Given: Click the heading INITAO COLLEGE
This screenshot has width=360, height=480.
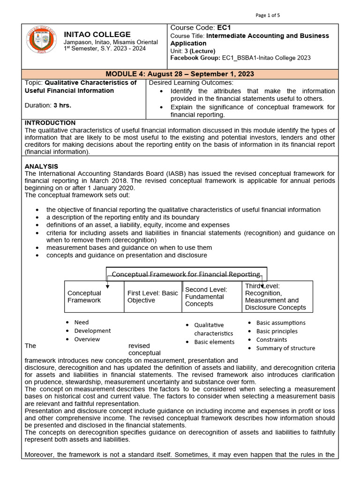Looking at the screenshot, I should pyautogui.click(x=97, y=34).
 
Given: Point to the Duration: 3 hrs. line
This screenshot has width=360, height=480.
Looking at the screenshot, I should pyautogui.click(x=48, y=105).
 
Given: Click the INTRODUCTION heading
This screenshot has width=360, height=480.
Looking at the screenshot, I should pyautogui.click(x=46, y=123).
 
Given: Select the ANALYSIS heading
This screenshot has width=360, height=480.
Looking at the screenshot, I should pyautogui.click(x=41, y=166).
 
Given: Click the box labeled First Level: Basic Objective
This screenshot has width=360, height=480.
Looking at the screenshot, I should pyautogui.click(x=153, y=297).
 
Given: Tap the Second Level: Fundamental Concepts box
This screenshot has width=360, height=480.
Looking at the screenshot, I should pyautogui.click(x=212, y=297).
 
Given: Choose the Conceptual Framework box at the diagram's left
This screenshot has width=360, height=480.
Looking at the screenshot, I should pyautogui.click(x=94, y=297).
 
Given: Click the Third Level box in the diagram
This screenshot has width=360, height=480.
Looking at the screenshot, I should pyautogui.click(x=277, y=297).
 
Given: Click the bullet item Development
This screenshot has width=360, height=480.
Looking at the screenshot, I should pyautogui.click(x=92, y=331).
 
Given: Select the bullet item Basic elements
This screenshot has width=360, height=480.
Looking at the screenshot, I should pyautogui.click(x=214, y=342).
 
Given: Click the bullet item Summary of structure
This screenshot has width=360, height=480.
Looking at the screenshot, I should pyautogui.click(x=285, y=348).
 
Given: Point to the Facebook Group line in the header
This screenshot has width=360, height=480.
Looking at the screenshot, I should pyautogui.click(x=240, y=58).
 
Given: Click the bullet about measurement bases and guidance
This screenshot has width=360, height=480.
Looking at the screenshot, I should pyautogui.click(x=129, y=247).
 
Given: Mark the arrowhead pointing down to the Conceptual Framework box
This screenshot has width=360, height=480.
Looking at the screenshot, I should pyautogui.click(x=107, y=286).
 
